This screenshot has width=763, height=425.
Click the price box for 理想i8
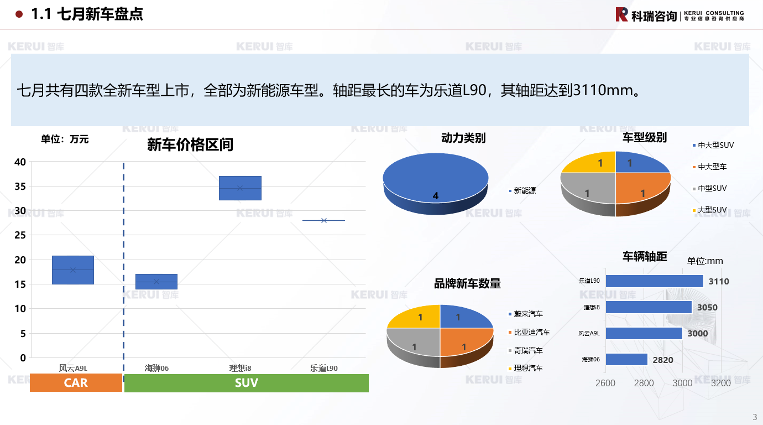point(240,188)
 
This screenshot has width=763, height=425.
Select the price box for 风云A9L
point(73,270)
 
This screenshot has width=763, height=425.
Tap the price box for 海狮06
point(156,282)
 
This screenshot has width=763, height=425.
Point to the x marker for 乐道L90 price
point(324,220)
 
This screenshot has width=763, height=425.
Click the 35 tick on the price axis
point(20,186)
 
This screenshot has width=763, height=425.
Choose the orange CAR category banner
point(76,383)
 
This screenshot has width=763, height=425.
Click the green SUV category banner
point(246,383)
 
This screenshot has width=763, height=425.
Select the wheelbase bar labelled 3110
point(654,281)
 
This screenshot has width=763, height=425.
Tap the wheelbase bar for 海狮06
point(626,359)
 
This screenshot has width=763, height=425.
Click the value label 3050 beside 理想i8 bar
point(707,308)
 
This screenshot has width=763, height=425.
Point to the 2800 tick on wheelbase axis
point(644,383)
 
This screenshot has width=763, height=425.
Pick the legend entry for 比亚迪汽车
point(529,332)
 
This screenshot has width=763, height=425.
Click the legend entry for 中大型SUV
point(713,145)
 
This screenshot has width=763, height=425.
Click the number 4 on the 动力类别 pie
point(435,196)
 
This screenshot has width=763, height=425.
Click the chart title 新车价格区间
point(190,144)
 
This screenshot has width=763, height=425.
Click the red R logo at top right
point(621,14)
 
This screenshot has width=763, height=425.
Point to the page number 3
point(755,417)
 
